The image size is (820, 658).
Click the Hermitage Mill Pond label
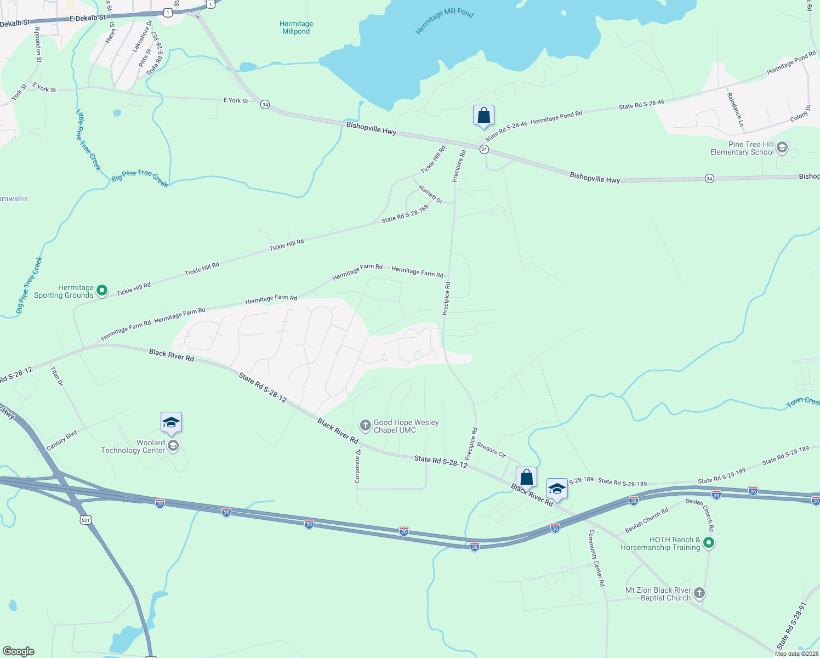pyautogui.click(x=445, y=21)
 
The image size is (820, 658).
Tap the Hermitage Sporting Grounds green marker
pyautogui.click(x=102, y=291)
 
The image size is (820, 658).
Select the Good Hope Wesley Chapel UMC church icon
pyautogui.click(x=365, y=426)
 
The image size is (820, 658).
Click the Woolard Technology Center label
pyautogui.click(x=133, y=446)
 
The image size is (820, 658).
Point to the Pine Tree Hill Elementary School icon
pyautogui.click(x=782, y=148)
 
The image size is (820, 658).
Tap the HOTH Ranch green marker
pyautogui.click(x=709, y=543)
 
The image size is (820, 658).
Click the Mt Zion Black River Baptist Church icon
pyautogui.click(x=699, y=593)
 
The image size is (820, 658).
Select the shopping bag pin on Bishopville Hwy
pyautogui.click(x=483, y=116)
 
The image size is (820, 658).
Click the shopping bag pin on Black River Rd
pyautogui.click(x=526, y=478)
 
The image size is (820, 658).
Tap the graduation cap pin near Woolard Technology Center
pyautogui.click(x=171, y=423)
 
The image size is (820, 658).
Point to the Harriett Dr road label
pyautogui.click(x=430, y=194)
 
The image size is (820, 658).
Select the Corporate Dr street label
pyautogui.click(x=358, y=466)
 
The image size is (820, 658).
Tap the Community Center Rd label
pyautogui.click(x=596, y=558)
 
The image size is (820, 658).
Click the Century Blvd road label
pyautogui.click(x=62, y=440)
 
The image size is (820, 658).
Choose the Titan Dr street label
pyautogui.click(x=57, y=376)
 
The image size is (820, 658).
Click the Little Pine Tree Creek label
pyautogui.click(x=88, y=140)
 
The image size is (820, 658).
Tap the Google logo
pyautogui.click(x=19, y=651)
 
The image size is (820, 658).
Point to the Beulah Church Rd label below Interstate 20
pyautogui.click(x=647, y=520)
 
